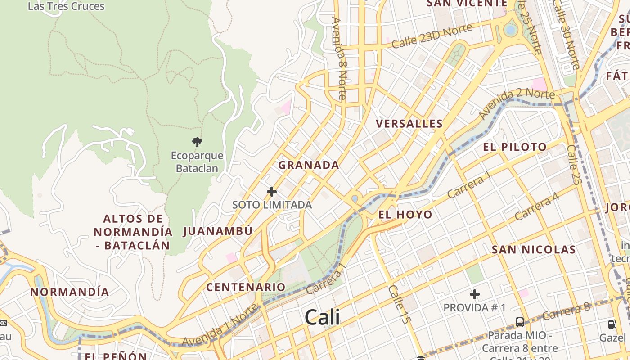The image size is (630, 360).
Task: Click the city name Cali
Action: [322, 317]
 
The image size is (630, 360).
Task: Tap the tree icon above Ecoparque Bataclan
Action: [197, 143]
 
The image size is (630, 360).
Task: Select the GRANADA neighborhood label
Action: [309, 165]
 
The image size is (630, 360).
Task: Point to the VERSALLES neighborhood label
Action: [409, 124]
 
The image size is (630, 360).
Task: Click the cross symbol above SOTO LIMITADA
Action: [272, 192]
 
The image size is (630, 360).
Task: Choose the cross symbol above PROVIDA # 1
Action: [474, 295]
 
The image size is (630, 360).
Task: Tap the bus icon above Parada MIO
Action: [520, 322]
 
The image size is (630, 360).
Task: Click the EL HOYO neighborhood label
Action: [405, 215]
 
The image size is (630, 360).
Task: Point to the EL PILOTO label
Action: [515, 147]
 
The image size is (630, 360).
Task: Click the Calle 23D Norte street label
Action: [432, 36]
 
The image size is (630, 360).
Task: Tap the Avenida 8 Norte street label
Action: [339, 58]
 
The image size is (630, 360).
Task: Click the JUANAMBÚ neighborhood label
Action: [218, 231]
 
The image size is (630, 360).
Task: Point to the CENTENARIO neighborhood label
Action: [246, 287]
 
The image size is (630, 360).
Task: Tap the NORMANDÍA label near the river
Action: [70, 292]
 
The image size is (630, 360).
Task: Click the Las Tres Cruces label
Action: [66, 6]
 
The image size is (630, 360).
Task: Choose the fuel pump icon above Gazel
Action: [612, 324]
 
